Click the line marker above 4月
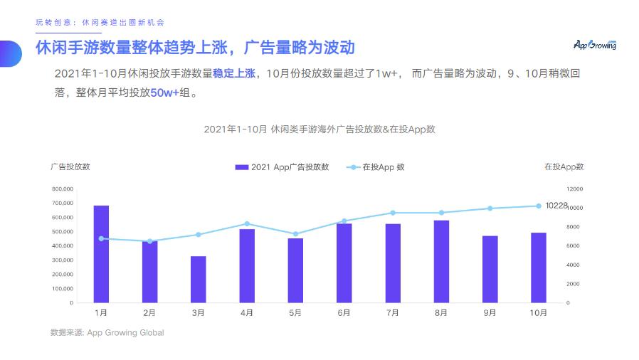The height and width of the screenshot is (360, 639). pos(247,224)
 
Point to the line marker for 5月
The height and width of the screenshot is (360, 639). pos(295,234)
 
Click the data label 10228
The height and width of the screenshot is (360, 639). pos(556,206)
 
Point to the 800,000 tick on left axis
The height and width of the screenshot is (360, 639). pos(62,189)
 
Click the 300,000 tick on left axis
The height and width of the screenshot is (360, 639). pos(62,260)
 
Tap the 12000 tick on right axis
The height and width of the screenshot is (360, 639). pos(574,189)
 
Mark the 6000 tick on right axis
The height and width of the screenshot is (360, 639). pos(573,246)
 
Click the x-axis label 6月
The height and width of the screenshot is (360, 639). pos(344,312)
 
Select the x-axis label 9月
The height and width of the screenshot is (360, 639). pos(490,312)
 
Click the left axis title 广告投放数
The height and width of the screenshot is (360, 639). pos(70,166)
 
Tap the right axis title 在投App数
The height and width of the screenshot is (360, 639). pos(564,166)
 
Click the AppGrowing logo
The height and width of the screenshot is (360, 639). pos(595,45)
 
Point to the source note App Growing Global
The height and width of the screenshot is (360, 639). pos(125,332)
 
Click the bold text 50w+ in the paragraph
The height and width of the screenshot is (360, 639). pos(164,92)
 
